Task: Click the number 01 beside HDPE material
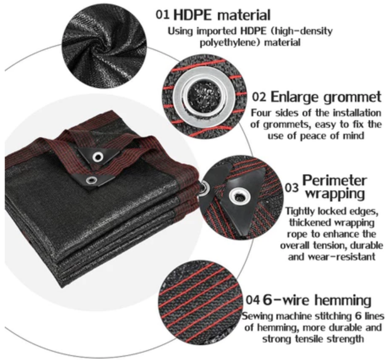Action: [162, 15]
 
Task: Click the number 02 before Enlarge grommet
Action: [259, 97]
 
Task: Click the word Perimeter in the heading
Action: [334, 180]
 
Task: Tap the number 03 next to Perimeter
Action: [291, 188]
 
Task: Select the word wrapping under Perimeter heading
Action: [335, 194]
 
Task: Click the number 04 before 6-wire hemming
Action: [253, 300]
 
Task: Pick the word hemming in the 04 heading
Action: [343, 300]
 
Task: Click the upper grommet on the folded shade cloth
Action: [98, 157]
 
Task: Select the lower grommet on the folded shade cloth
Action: [91, 180]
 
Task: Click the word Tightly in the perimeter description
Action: [300, 212]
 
